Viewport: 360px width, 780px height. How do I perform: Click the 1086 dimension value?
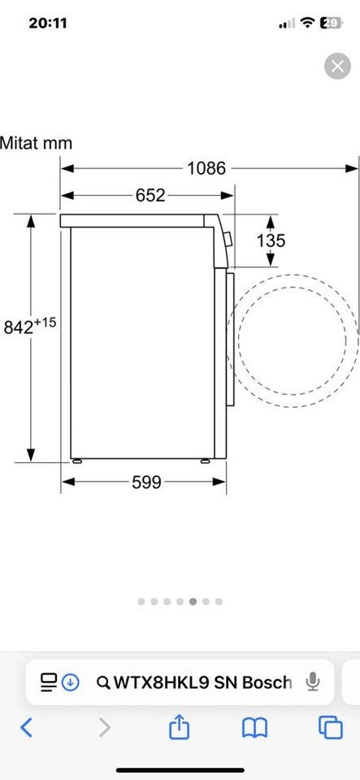tap(206, 169)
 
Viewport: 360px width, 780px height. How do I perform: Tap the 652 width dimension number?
tap(150, 196)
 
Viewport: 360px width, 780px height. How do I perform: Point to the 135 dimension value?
tap(271, 240)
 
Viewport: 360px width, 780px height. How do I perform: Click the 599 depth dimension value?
tap(147, 482)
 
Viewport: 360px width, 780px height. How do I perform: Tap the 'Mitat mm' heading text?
tap(37, 143)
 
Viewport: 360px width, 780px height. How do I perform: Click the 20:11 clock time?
tap(48, 23)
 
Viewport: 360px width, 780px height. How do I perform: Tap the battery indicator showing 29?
tap(332, 23)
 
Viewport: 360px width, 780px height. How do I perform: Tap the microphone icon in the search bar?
tap(312, 682)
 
